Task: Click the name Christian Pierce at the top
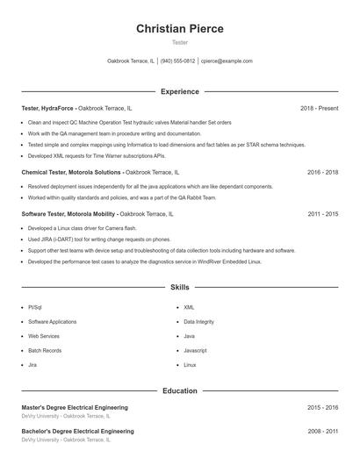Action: point(179,29)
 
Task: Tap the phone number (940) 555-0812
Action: point(178,61)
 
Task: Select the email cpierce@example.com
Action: point(227,61)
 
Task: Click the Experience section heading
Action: point(179,91)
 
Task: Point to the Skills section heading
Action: point(179,287)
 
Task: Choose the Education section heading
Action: point(179,390)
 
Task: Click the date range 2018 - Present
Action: point(319,108)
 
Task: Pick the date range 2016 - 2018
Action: point(322,173)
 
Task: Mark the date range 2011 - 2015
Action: point(322,214)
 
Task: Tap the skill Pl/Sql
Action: point(35,308)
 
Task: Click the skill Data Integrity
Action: point(198,322)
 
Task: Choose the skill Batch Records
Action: point(44,350)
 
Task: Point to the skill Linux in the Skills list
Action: point(190,364)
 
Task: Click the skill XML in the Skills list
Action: point(189,308)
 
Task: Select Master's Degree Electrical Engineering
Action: point(75,408)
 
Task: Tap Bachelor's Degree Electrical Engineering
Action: point(77,432)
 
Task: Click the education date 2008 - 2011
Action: point(322,432)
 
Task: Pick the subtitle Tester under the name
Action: point(179,42)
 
